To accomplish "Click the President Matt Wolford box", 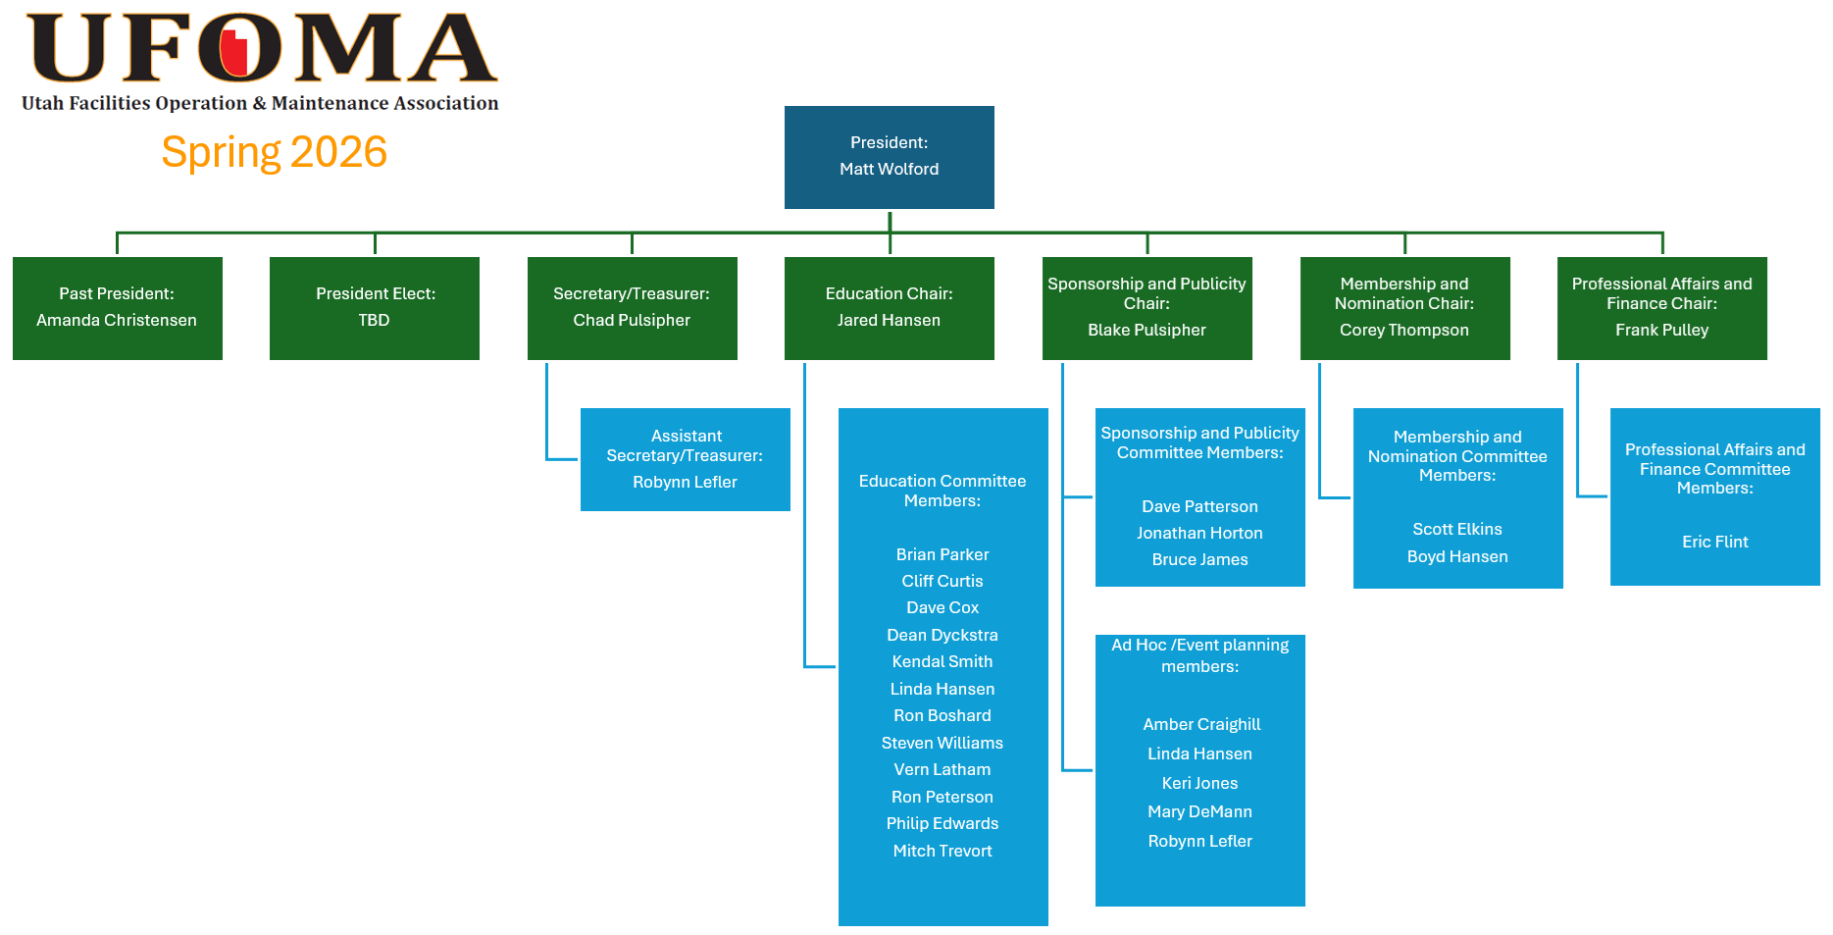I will pyautogui.click(x=889, y=157).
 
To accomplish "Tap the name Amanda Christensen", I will pyautogui.click(x=117, y=320).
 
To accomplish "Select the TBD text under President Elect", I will pyautogui.click(x=374, y=320).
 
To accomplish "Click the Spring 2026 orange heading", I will pyautogui.click(x=274, y=152).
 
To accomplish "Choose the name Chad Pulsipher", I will pyautogui.click(x=632, y=320).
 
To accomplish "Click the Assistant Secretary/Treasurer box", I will pyautogui.click(x=685, y=459).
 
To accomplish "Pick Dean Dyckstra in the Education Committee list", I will pyautogui.click(x=942, y=635).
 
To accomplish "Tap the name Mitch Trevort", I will pyautogui.click(x=942, y=851).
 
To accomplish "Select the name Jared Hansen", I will pyautogui.click(x=889, y=320).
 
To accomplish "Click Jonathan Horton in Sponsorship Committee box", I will pyautogui.click(x=1199, y=533).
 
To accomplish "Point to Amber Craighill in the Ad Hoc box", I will pyautogui.click(x=1201, y=724).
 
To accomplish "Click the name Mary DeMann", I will pyautogui.click(x=1199, y=811).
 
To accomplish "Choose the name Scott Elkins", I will pyautogui.click(x=1456, y=529).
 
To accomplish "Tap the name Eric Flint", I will pyautogui.click(x=1714, y=542).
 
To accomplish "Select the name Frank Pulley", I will pyautogui.click(x=1661, y=330).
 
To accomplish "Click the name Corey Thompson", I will pyautogui.click(x=1403, y=330).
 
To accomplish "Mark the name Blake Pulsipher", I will pyautogui.click(x=1146, y=330).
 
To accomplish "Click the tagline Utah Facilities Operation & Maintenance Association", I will pyautogui.click(x=260, y=103).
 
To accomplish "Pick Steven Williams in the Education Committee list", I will pyautogui.click(x=942, y=743).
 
